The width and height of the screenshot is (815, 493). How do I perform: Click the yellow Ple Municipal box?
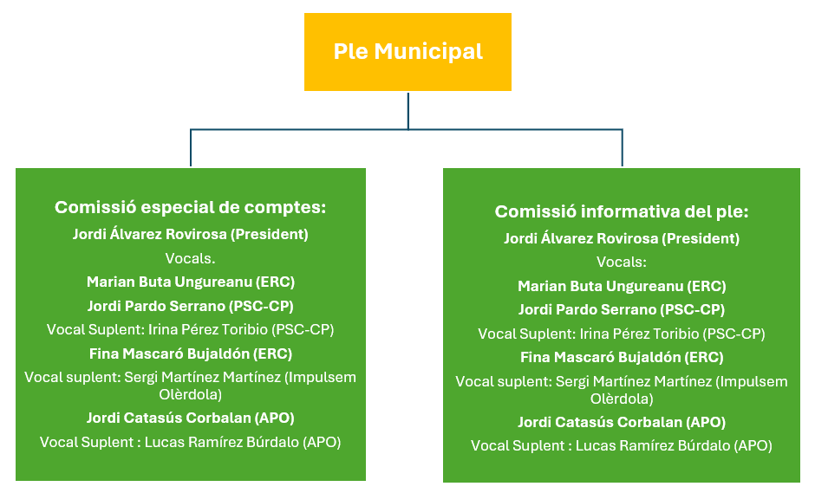pos(407,52)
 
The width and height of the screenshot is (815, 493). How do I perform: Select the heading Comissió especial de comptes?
pos(191,208)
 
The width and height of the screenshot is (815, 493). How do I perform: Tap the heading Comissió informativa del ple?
pos(621,212)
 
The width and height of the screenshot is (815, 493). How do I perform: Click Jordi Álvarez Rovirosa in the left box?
pos(191,234)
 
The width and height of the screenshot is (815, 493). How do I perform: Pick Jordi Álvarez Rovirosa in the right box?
pos(621,238)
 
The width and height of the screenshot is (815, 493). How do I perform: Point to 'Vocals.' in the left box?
pos(191,258)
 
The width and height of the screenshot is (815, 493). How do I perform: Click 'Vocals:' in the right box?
pos(621,262)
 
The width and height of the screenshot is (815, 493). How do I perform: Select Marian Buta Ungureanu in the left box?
pos(191,282)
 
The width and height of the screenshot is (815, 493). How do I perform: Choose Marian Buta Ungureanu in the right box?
pos(621,286)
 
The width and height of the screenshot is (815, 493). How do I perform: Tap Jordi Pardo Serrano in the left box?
pos(191,306)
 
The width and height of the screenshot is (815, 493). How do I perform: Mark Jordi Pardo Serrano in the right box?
pos(621,309)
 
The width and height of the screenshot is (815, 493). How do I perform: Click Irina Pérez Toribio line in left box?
pos(191,329)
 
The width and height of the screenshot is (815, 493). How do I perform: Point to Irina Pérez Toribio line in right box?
pos(621,334)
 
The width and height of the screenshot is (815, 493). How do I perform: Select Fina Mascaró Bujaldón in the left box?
pos(191,354)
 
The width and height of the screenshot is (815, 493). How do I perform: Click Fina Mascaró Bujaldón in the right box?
pos(621,357)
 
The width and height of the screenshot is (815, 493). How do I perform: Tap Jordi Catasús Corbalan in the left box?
pos(191,418)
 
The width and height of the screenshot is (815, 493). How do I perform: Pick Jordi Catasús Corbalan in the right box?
pos(621,422)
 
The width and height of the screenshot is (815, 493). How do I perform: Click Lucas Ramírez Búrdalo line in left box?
pos(191,442)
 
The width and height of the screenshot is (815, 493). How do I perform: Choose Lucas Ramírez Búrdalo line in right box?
pos(621,446)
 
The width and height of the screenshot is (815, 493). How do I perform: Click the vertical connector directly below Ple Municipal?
pos(407,110)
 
